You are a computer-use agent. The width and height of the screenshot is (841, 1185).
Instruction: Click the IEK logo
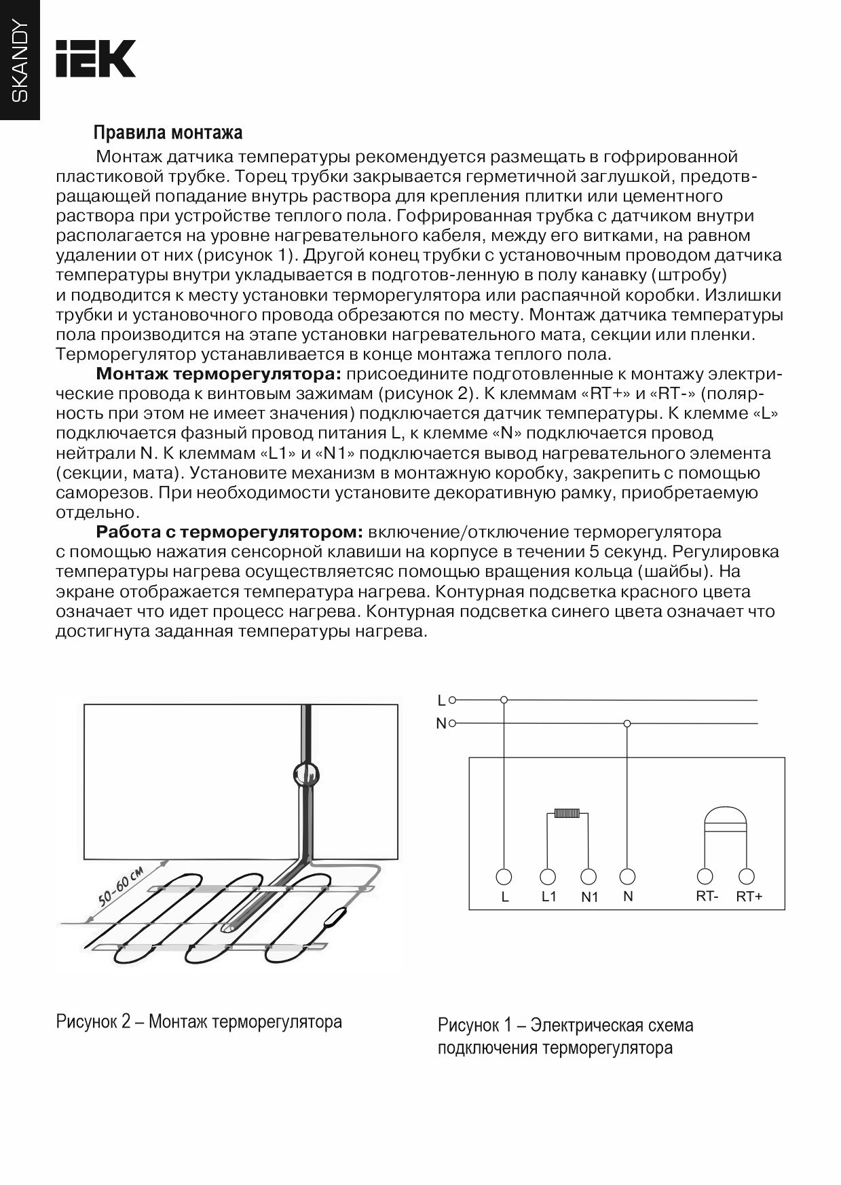[96, 58]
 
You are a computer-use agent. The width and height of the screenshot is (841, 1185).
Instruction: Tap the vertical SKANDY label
[20, 60]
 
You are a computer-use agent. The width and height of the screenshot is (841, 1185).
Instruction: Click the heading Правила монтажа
[168, 132]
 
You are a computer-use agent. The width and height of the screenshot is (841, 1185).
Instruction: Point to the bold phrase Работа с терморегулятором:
[230, 531]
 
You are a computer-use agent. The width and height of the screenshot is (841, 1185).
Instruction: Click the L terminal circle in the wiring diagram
[504, 876]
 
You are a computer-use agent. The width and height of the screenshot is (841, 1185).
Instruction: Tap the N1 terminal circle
[589, 876]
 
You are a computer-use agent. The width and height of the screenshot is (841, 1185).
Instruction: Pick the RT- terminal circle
[706, 876]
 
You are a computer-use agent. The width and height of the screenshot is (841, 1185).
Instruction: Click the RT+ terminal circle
[747, 876]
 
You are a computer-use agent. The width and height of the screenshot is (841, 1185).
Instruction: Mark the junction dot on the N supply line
[627, 724]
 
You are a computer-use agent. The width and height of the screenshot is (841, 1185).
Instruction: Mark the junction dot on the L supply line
[504, 700]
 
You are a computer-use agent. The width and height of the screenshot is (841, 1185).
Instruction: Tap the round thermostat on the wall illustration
[305, 774]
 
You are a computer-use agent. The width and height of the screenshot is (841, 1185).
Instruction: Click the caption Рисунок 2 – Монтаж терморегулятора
[199, 1021]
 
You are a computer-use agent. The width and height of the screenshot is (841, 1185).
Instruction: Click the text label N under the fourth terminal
[628, 897]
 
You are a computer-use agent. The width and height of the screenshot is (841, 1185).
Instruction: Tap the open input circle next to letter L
[453, 700]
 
